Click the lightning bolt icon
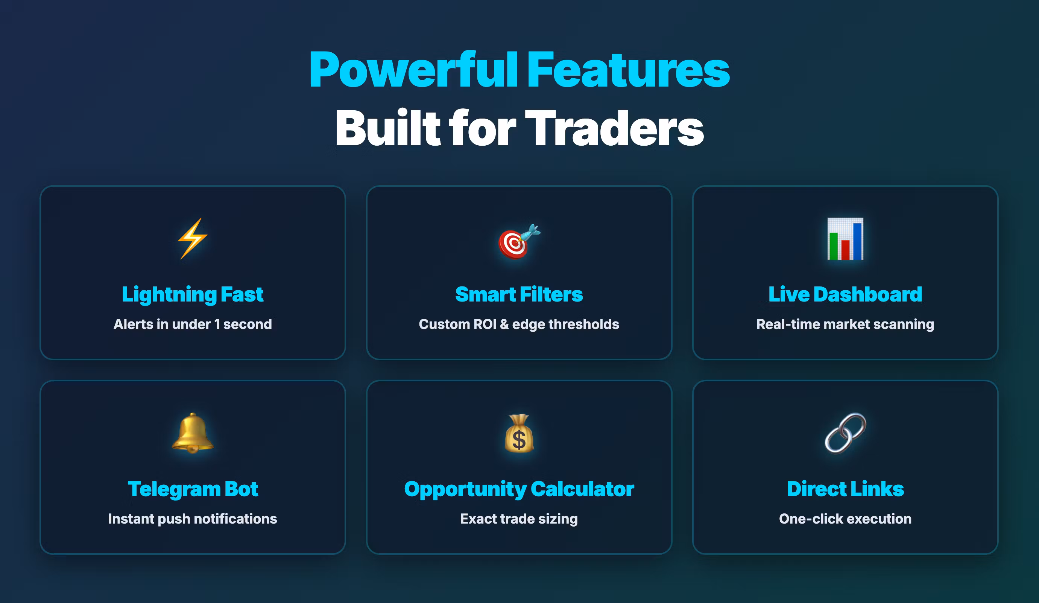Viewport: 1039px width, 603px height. pos(193,238)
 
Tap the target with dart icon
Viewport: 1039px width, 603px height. pos(519,241)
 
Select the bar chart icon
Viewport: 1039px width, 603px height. pos(845,239)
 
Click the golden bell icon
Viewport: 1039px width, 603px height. pos(193,433)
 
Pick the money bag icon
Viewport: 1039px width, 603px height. pos(519,433)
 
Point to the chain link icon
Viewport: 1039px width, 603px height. pos(845,433)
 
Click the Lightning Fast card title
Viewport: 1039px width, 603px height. pos(193,294)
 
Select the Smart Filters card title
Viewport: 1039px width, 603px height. pos(519,294)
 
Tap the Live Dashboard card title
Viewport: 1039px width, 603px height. pos(845,294)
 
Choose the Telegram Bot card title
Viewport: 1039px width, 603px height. pos(193,489)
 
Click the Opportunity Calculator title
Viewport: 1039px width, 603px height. pos(519,489)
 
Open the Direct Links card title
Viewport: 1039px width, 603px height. pos(845,489)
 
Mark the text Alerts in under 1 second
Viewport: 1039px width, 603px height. pos(193,324)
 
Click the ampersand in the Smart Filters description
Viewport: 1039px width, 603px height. pos(504,324)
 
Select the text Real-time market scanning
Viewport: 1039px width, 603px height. pos(845,324)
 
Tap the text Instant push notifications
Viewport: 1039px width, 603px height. pos(193,519)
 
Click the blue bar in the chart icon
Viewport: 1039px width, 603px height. pos(858,241)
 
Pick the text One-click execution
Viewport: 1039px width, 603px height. pos(845,518)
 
